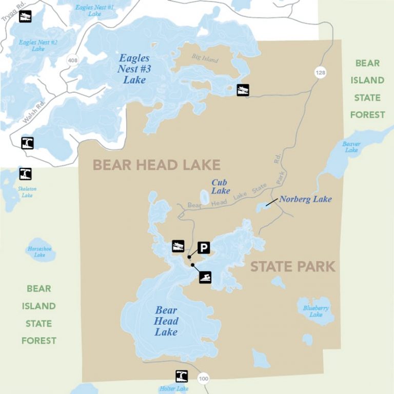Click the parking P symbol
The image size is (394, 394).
(x=204, y=248)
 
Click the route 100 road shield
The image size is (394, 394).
(x=204, y=379)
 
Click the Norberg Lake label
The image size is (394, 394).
(x=305, y=199)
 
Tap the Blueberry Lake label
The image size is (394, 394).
(x=316, y=311)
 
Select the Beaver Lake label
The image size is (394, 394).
(x=351, y=147)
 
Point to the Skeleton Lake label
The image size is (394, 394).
(x=27, y=192)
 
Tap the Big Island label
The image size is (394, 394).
(x=205, y=60)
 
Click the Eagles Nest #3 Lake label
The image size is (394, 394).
(x=134, y=69)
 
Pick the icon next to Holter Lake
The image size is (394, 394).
(x=182, y=376)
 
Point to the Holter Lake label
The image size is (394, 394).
(x=175, y=389)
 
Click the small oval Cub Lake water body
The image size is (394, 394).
(x=204, y=198)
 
